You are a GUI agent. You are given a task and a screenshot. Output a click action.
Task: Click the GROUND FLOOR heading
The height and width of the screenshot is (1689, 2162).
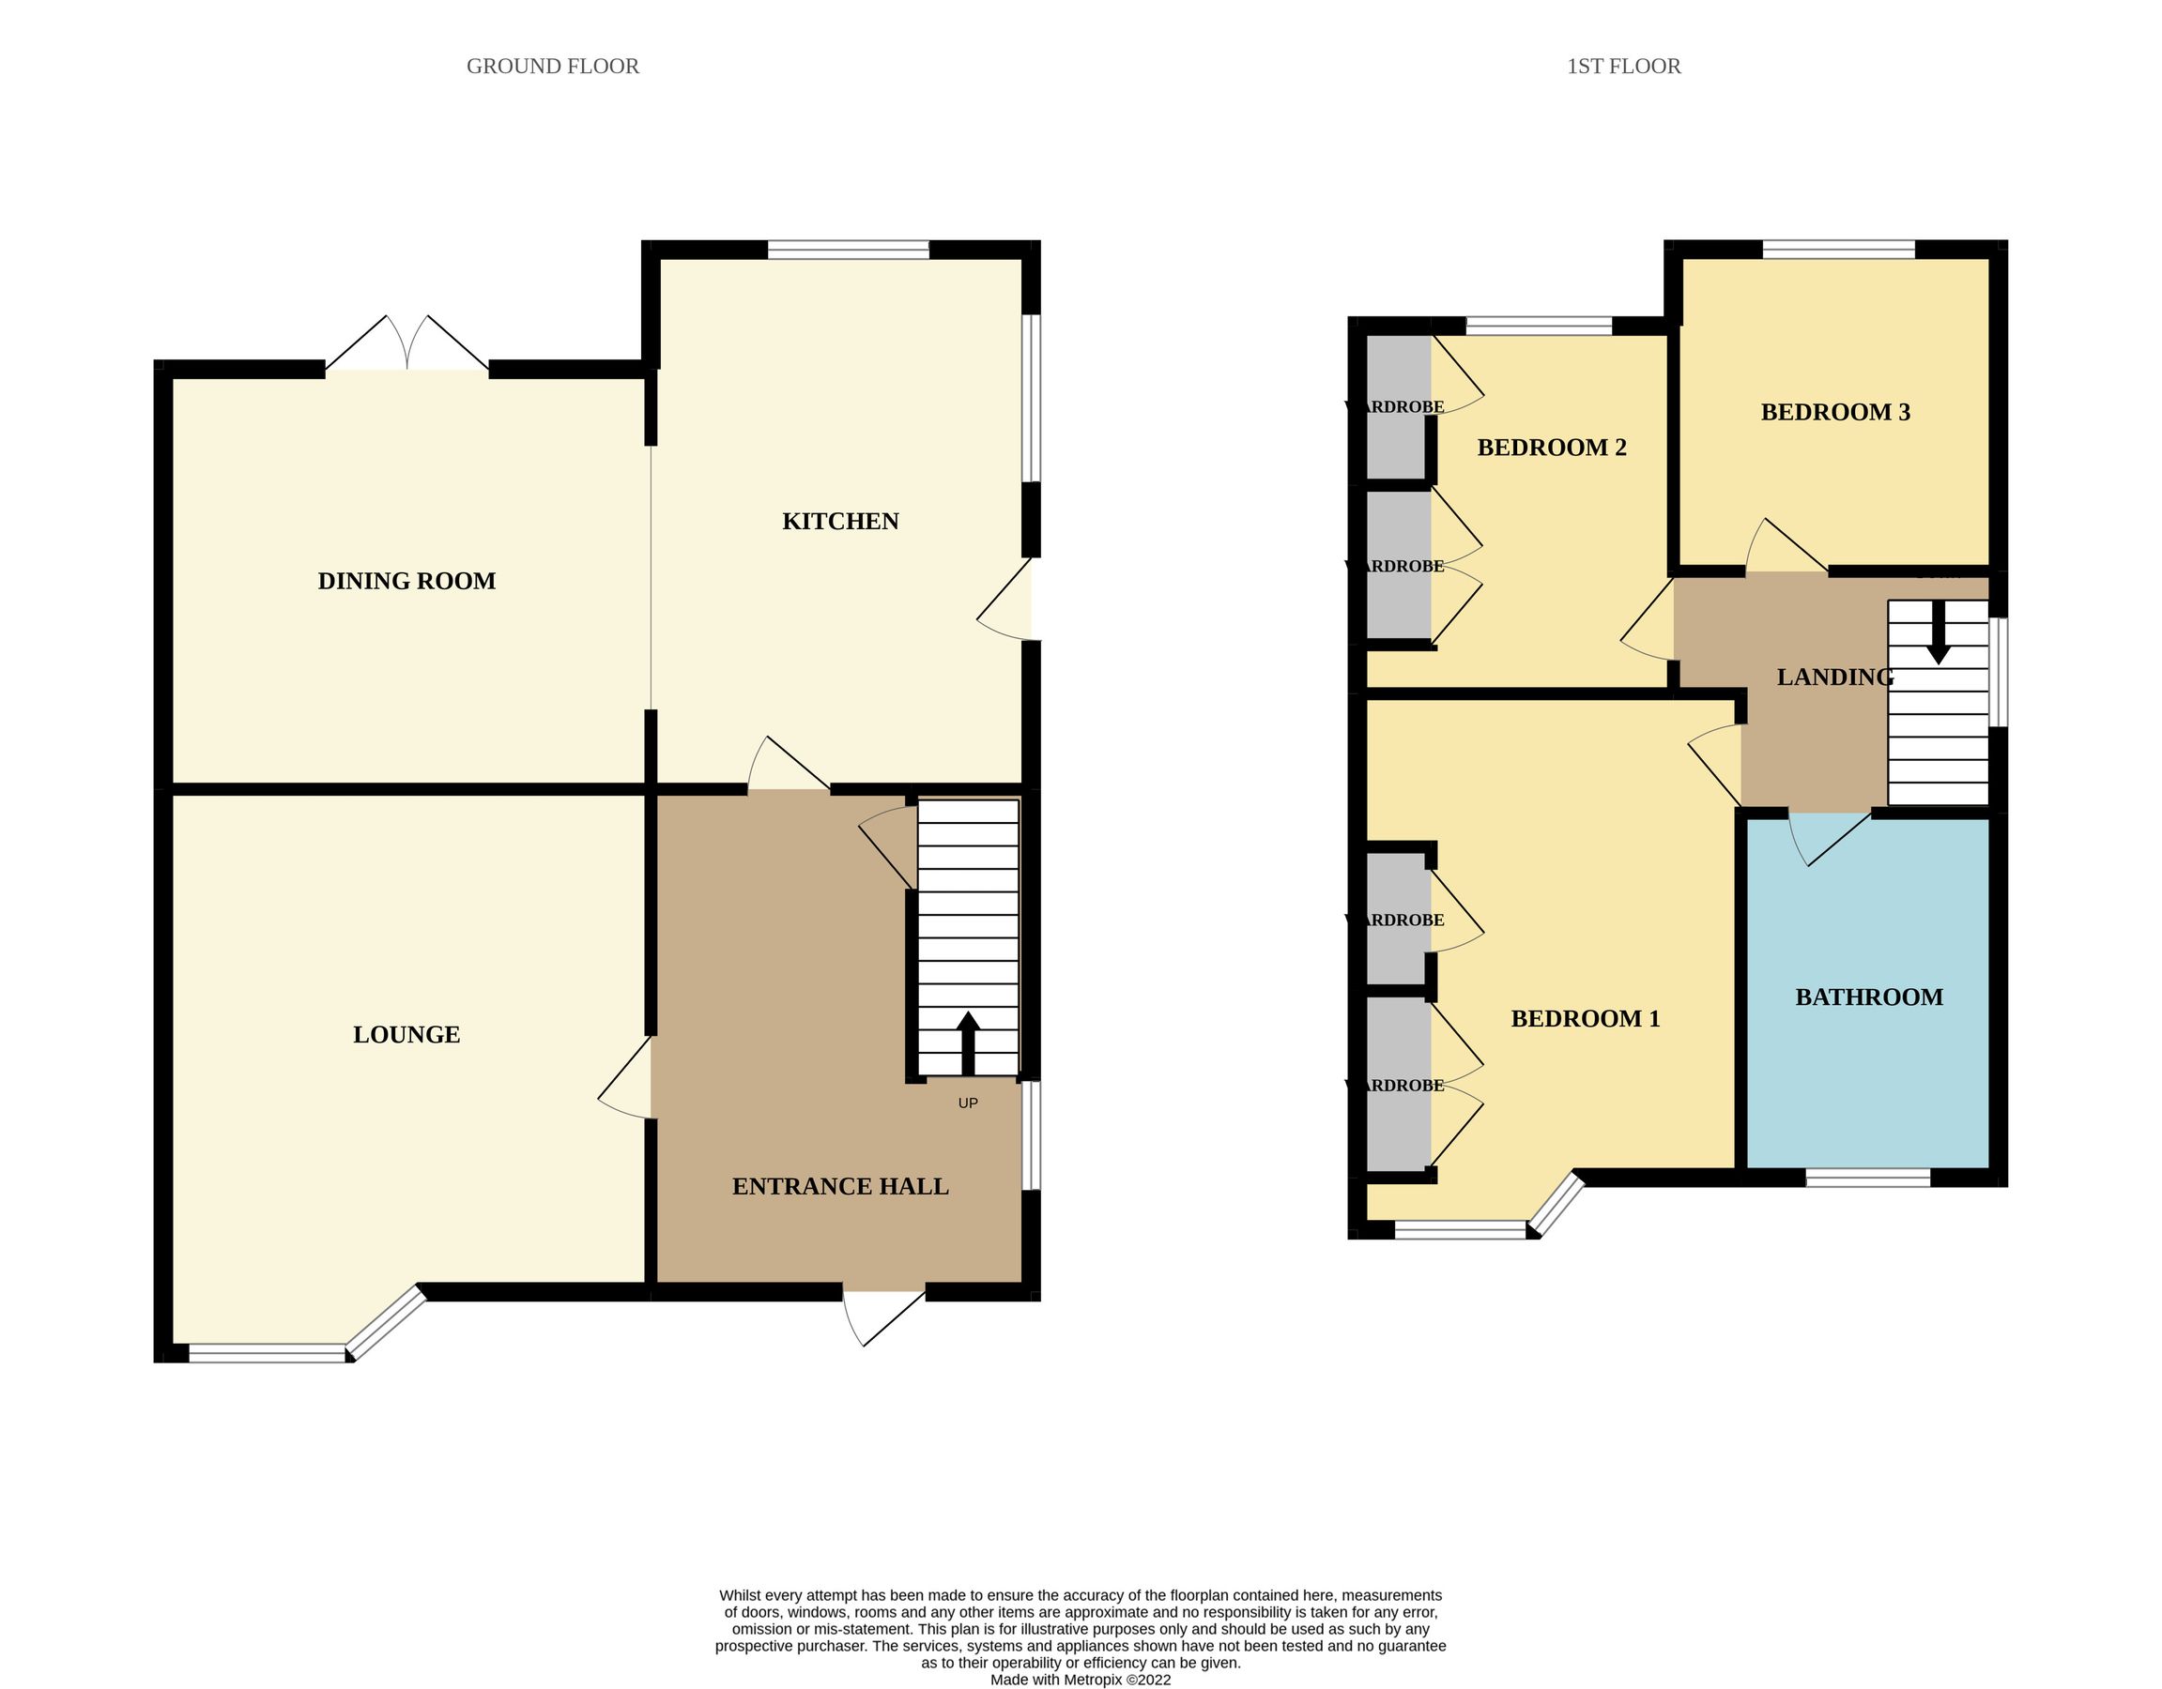(x=552, y=67)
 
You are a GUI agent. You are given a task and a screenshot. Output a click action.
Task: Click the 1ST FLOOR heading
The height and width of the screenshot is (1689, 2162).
(x=1623, y=67)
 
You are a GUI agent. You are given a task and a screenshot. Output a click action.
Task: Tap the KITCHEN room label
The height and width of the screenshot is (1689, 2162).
(x=840, y=522)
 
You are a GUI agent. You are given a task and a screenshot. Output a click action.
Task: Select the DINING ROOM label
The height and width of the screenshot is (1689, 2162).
(x=406, y=581)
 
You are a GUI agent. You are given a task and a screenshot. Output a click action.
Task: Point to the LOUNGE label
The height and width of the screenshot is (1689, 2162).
(x=406, y=1035)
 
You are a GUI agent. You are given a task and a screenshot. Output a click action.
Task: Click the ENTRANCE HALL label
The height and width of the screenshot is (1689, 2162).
(x=840, y=1186)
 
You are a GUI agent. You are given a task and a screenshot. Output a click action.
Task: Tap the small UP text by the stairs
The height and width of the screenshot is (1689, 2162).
(x=968, y=1103)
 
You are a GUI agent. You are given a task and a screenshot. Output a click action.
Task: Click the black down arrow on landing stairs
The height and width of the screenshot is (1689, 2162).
(x=1939, y=633)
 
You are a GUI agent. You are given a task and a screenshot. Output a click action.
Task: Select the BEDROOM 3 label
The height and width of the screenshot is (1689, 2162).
(x=1835, y=413)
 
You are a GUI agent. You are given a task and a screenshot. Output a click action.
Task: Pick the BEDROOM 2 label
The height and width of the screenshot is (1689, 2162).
(x=1551, y=449)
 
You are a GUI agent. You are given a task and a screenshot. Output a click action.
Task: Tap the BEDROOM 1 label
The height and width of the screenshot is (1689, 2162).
(x=1585, y=1019)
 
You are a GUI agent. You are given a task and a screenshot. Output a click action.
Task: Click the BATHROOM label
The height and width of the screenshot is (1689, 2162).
(x=1869, y=997)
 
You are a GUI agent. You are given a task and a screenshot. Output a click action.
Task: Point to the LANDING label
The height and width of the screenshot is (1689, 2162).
(x=1834, y=677)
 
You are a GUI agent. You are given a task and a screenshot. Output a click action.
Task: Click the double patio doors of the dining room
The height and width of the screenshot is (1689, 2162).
(x=406, y=346)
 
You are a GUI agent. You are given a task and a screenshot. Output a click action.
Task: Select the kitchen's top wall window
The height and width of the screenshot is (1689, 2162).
(x=849, y=251)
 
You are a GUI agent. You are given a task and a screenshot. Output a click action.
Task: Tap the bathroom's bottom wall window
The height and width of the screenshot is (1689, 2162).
(x=1868, y=1178)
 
